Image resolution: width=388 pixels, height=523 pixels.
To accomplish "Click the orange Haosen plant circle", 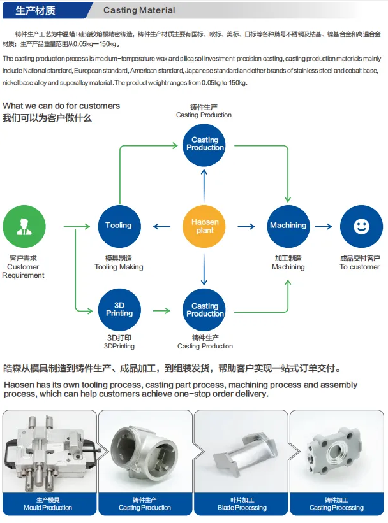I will pos(205,226).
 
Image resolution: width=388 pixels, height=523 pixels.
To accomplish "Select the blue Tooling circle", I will pos(119,226).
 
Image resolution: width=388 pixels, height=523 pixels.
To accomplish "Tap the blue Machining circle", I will pos(288,226).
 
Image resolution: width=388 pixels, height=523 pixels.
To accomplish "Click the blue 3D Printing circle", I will pos(119,310).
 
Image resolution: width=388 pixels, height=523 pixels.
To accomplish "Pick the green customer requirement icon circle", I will pos(24,226).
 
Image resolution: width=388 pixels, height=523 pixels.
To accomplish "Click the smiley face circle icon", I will pos(361,226).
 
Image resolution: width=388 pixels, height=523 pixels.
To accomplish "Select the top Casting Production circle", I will pos(205,144).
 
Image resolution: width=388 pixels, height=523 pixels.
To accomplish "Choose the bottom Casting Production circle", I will pos(205,310).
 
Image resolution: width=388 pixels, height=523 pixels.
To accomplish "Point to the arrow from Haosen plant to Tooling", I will pos(162,226).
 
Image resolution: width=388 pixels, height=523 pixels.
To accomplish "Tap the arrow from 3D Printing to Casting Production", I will pos(162,310).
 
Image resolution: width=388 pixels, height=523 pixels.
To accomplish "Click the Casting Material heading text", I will pos(139,11).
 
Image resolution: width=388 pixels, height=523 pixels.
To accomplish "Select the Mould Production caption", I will pos(48,508).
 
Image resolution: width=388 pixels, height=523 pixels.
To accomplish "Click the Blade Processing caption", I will pos(242,508).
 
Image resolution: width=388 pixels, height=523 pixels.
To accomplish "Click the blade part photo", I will pos(241,452).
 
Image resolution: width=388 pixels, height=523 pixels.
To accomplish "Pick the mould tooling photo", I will pos(49,452).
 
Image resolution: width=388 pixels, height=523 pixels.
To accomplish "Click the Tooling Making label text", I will pos(119,267).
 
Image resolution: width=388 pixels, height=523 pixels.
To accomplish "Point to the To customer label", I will pos(360,267).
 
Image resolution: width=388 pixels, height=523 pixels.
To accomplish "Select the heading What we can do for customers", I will pos(61,105).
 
